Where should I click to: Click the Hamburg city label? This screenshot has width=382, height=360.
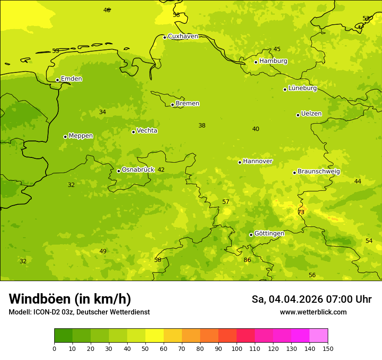[273, 61]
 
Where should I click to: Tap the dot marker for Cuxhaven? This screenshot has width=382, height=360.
[165, 37]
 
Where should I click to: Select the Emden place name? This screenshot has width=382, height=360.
[71, 79]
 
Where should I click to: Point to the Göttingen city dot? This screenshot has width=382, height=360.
[251, 235]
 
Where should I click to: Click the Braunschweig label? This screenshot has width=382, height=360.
[319, 172]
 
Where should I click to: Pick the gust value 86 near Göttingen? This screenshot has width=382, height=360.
[247, 260]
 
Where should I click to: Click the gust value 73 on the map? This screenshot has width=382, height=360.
[301, 212]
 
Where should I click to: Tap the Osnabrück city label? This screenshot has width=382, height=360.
[138, 170]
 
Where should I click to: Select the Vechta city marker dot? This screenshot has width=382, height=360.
[133, 132]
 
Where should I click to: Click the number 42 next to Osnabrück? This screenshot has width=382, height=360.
[161, 170]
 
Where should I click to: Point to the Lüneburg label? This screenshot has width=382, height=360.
[303, 88]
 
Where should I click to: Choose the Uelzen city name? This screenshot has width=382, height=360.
[311, 114]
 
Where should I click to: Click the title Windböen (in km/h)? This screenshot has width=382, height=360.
[70, 299]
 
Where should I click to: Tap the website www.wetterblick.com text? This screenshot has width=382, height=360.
[313, 312]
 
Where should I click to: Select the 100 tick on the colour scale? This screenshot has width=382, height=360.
[237, 349]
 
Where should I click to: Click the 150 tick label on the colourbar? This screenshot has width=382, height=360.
[328, 349]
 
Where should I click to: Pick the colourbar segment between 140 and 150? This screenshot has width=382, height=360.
[319, 336]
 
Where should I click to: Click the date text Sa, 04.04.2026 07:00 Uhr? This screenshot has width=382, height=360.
[311, 299]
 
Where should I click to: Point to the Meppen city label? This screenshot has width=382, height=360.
[81, 136]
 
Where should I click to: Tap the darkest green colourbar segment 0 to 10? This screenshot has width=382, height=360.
[63, 336]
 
